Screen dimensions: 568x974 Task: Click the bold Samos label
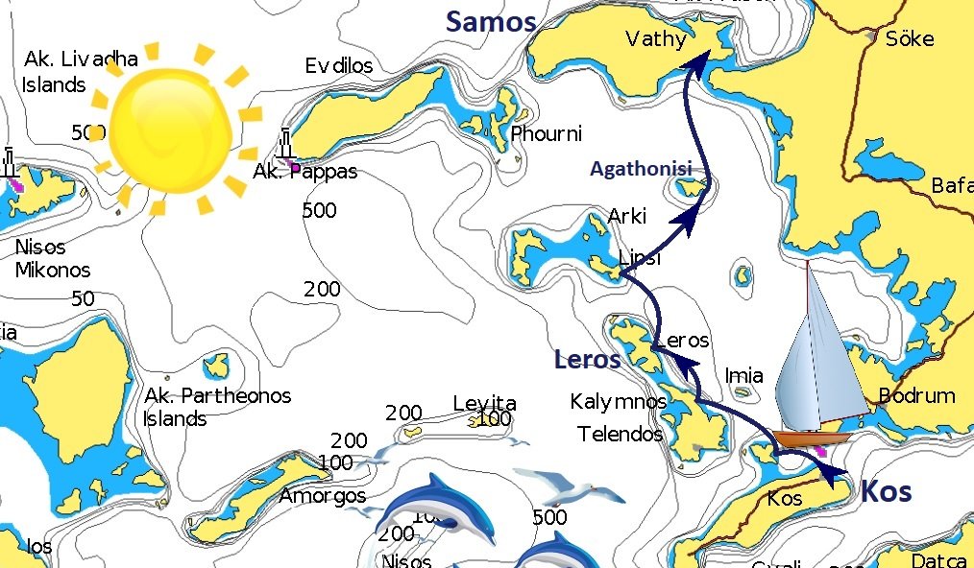click(x=491, y=22)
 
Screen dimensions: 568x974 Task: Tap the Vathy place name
click(x=656, y=39)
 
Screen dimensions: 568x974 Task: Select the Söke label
click(x=909, y=38)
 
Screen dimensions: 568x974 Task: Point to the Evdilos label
click(x=338, y=66)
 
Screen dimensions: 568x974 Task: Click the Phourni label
click(x=546, y=133)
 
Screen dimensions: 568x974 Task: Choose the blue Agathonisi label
click(x=641, y=169)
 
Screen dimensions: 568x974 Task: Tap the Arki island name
click(x=627, y=216)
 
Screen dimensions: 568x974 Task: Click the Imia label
click(x=744, y=375)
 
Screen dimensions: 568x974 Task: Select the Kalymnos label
click(x=618, y=401)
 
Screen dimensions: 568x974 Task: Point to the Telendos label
click(x=620, y=434)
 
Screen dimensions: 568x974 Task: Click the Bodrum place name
click(x=916, y=395)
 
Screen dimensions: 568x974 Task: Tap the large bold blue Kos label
click(x=886, y=491)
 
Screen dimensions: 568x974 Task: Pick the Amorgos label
click(x=322, y=496)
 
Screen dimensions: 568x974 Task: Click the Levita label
click(x=484, y=404)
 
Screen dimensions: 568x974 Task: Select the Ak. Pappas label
click(x=304, y=173)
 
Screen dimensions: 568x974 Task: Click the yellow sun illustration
click(x=170, y=128)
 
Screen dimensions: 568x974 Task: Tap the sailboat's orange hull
click(x=812, y=438)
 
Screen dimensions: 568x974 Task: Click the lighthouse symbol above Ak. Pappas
click(x=285, y=144)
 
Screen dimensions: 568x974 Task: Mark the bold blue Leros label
click(x=587, y=361)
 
